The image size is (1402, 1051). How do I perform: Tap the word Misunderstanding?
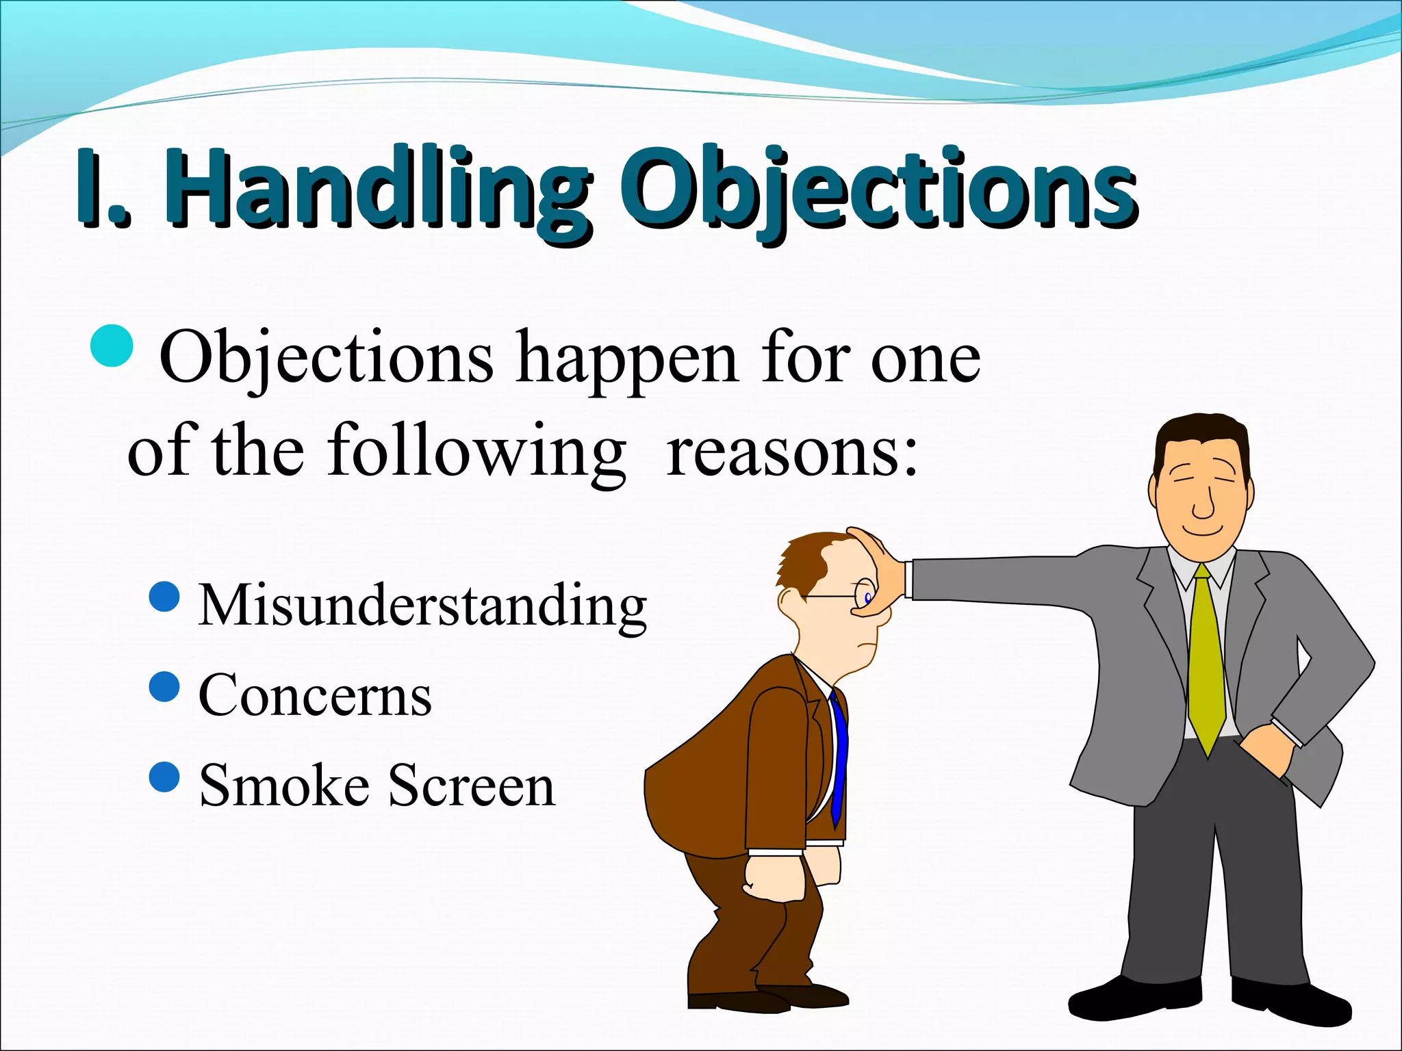(x=422, y=605)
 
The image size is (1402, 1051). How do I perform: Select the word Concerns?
(x=315, y=695)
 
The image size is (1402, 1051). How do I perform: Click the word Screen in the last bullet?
(x=472, y=786)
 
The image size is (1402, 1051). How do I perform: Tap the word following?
(x=476, y=452)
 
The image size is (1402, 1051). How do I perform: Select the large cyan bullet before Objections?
(x=112, y=346)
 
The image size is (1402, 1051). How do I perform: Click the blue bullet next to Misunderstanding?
(x=164, y=597)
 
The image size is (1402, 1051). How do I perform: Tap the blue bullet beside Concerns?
(x=164, y=687)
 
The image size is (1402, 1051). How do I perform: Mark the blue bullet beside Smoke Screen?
(x=164, y=777)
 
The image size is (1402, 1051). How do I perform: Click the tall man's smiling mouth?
(x=1203, y=530)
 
